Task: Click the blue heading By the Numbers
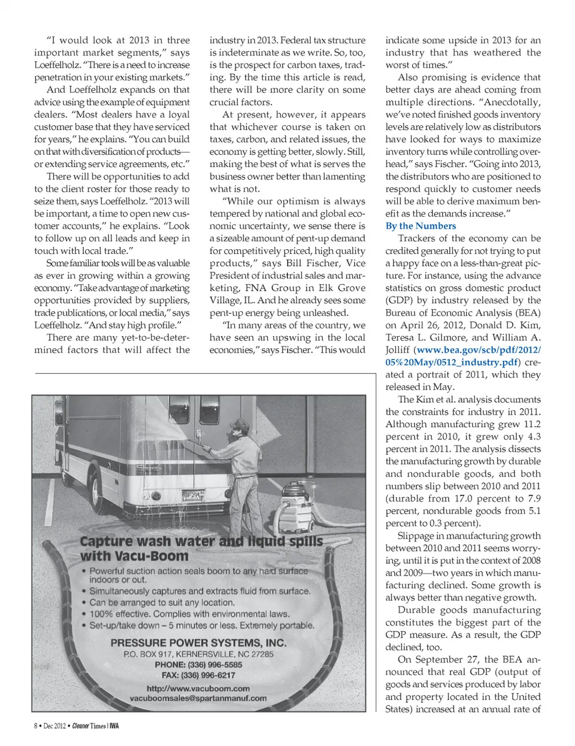[x=420, y=226]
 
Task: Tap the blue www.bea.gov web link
[x=478, y=351]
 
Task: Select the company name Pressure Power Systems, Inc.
[x=199, y=643]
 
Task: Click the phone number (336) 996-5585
[x=198, y=665]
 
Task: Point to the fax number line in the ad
[x=198, y=675]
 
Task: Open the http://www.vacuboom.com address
[x=198, y=688]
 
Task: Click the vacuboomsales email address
[x=198, y=698]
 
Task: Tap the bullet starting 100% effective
[x=189, y=614]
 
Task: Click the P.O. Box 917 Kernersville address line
[x=198, y=654]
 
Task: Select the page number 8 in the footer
[x=35, y=726]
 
